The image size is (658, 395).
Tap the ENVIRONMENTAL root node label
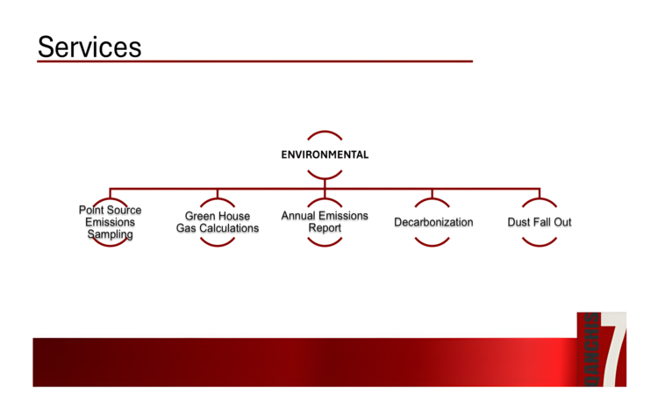325,154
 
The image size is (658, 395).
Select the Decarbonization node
433,222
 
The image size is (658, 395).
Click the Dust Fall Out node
540,222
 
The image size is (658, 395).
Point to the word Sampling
110,234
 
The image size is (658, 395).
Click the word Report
325,228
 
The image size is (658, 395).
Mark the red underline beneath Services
254,61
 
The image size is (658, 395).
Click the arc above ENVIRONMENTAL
325,133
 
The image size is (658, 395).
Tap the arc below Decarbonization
433,242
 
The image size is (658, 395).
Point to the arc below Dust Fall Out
540,242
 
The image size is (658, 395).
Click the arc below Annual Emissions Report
325,243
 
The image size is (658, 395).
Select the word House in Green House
234,216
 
